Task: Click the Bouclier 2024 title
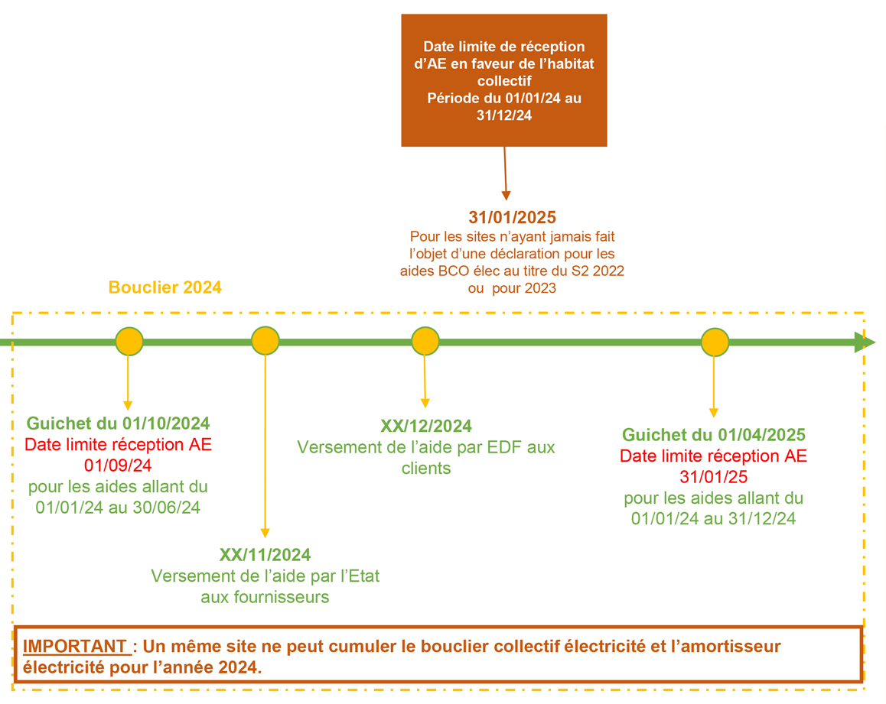point(165,287)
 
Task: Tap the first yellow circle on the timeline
point(129,341)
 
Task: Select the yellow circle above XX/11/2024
point(265,341)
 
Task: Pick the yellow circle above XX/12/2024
point(425,341)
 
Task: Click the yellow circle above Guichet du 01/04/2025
point(715,342)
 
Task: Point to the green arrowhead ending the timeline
point(865,342)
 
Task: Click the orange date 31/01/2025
point(513,217)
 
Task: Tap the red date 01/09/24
point(118,466)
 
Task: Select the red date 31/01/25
point(714,477)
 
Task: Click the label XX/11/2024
point(265,555)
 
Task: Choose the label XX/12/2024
point(426,427)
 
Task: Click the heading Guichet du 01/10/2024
point(118,423)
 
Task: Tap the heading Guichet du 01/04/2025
point(714,435)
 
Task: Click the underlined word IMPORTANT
point(74,647)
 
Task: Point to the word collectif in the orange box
point(504,81)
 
